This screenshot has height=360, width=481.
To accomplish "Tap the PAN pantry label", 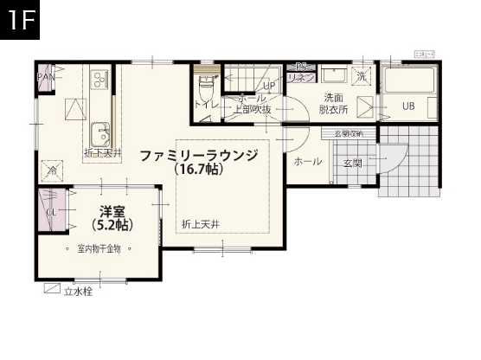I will [46, 76].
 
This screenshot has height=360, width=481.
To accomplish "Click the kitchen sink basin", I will [100, 134].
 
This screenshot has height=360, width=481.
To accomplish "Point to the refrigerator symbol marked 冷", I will [53, 171].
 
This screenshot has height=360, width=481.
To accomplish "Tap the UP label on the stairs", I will [268, 87].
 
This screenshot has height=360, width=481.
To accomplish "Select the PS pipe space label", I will [301, 67].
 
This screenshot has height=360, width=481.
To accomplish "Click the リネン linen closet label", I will [301, 77].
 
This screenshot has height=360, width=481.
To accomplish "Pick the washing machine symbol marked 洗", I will [362, 76].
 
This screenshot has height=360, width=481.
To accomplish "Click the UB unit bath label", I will [407, 106].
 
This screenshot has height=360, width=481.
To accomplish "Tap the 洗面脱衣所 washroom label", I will [333, 103].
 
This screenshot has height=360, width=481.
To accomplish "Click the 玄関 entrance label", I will [352, 163].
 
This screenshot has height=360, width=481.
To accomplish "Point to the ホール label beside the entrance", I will [307, 161].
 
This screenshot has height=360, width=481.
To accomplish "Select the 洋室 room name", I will [112, 210].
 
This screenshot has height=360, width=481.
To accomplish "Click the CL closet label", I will [51, 211].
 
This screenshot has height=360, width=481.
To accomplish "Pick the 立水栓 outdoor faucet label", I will [77, 291].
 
